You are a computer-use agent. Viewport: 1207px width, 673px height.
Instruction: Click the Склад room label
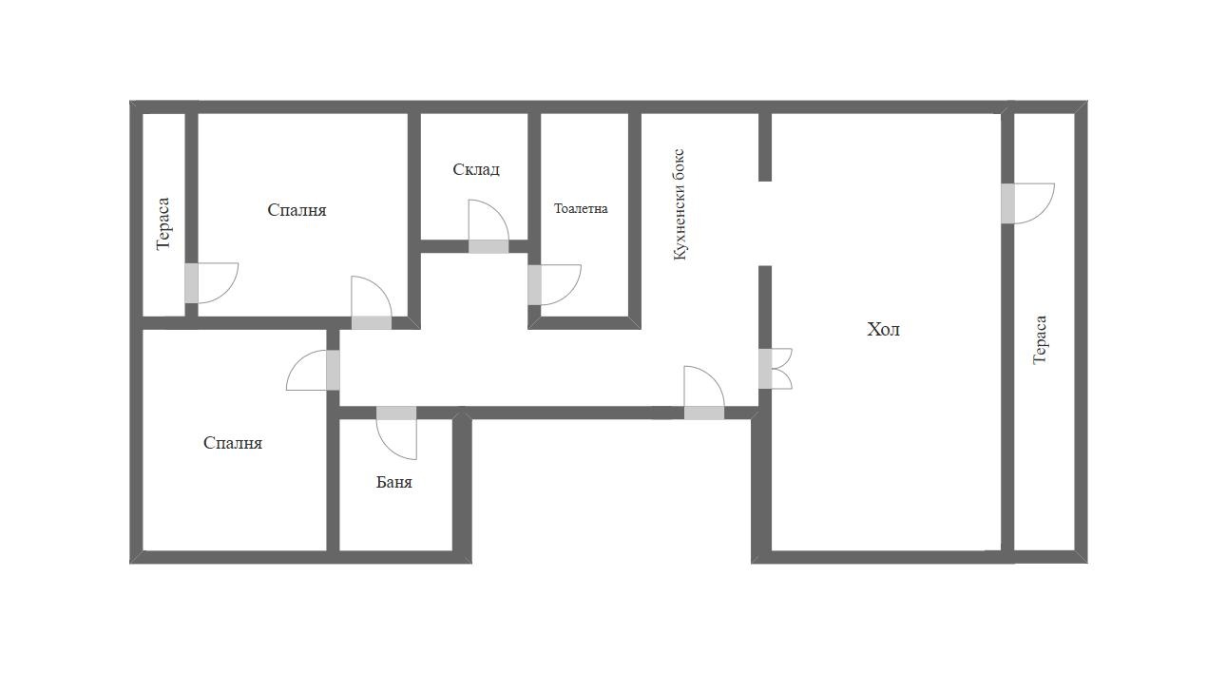[x=476, y=170]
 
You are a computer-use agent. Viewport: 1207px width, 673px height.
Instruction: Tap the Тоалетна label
[x=581, y=208]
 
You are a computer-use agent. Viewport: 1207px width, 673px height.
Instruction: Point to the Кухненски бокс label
[x=680, y=204]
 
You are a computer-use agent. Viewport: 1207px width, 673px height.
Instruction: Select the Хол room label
[x=883, y=329]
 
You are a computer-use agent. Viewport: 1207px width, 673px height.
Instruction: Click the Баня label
[x=393, y=482]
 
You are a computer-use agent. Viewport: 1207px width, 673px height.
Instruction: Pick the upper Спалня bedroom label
[x=297, y=210]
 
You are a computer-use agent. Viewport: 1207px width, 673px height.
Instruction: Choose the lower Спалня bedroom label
[x=233, y=443]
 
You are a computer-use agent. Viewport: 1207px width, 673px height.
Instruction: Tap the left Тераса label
[x=163, y=223]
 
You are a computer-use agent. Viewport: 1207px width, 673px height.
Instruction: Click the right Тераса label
[x=1040, y=340]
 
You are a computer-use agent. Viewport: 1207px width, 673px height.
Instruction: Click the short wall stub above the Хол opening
[x=765, y=147]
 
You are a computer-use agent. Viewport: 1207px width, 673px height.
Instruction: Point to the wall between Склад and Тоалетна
[x=534, y=176]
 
